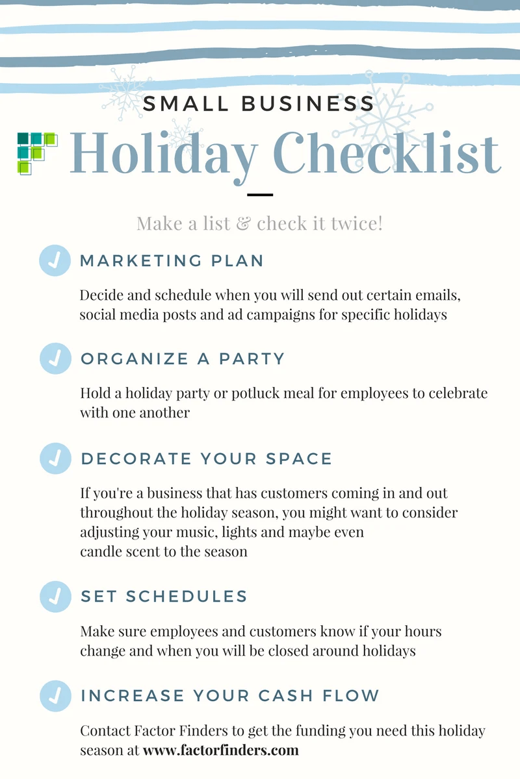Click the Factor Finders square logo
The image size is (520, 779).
coord(36,153)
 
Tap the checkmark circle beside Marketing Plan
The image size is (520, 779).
coord(55,260)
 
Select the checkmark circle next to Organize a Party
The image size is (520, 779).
coord(55,358)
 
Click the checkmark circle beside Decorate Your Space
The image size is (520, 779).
coord(55,458)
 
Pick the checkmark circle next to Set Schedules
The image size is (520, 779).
coord(55,596)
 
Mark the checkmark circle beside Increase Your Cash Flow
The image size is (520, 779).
coord(55,695)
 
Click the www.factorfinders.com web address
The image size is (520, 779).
coord(220,750)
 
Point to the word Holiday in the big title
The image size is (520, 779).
coord(162,154)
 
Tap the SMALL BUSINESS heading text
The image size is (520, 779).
coord(259,103)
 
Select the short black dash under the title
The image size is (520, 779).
coord(260,194)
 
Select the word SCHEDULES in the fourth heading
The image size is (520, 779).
coord(187,596)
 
